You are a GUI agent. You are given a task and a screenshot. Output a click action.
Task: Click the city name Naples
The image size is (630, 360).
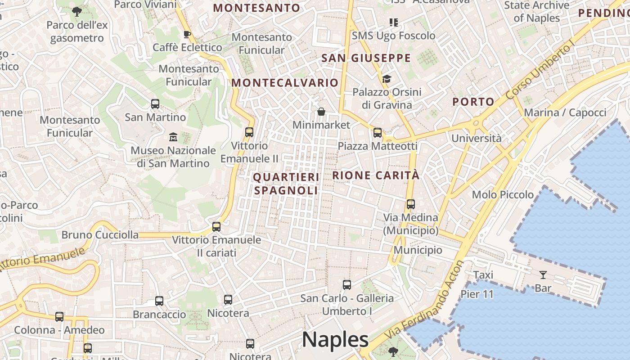coord(335,340)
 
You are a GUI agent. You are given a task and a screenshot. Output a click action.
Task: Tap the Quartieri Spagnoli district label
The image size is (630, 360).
coord(286,184)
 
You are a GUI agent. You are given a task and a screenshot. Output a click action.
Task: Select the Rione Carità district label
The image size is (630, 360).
coord(376,175)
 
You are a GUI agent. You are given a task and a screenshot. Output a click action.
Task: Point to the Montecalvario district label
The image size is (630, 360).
coord(284,83)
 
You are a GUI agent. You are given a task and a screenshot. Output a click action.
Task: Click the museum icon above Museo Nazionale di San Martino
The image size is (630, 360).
coord(173,137)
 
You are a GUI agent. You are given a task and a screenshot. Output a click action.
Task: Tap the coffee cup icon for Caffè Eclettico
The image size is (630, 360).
coord(187,34)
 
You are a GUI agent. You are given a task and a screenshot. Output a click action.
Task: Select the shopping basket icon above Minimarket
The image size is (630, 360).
coord(321,112)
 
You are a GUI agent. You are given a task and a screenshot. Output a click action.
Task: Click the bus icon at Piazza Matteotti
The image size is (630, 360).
coord(378,133)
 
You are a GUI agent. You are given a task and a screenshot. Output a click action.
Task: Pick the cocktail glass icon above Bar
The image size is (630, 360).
coord(543,274)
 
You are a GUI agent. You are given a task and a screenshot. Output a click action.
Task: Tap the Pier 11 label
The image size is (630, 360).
coord(477,294)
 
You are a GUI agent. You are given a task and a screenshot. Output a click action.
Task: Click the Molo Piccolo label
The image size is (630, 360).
coord(503,195)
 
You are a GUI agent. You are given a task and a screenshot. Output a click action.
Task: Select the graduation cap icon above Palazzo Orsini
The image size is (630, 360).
coord(387,79)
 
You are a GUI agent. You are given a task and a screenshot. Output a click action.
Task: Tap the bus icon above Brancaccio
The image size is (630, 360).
coord(159,301)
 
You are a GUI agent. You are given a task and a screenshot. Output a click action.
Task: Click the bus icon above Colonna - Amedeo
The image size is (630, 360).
coord(59,317)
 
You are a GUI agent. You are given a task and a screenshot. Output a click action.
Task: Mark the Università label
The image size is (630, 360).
coord(476,138)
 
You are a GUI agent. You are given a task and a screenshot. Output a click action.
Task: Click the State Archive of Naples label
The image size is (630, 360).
coord(536,12)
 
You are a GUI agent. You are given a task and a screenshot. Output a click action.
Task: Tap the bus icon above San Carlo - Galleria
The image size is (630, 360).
coord(346,285)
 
